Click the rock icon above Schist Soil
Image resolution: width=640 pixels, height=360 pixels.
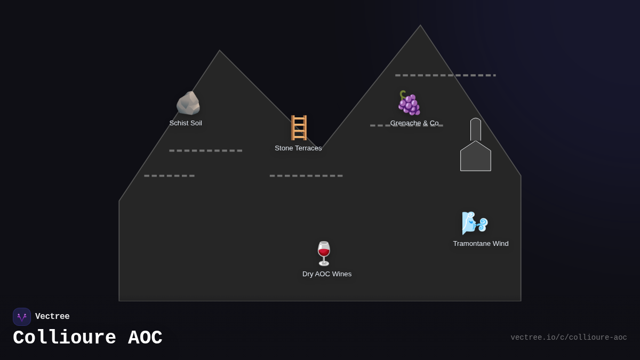coord(188,103)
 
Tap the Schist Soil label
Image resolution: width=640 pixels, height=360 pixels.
coord(186,123)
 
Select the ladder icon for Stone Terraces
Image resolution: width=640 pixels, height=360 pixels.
coord(299,127)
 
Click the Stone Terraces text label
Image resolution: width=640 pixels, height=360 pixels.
coord(298,148)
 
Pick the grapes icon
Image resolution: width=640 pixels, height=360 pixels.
coord(409,103)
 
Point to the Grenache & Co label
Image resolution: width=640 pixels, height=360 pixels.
coord(414,123)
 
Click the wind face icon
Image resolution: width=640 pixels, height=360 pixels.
coord(474,223)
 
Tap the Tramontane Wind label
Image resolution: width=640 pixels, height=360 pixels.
coord(481,244)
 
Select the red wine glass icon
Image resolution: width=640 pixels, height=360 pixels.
coord(324,253)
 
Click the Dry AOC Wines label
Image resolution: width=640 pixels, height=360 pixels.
coord(327,274)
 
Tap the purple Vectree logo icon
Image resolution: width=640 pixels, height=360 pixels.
coord(22,317)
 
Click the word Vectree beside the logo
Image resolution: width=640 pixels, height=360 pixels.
coord(52,317)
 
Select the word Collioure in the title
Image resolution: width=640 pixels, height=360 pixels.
coord(65,338)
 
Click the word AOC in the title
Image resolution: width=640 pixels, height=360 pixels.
coord(145,338)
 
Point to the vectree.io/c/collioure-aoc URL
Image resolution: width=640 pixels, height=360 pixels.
coord(569,338)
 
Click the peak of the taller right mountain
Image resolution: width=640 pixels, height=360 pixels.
coord(420,26)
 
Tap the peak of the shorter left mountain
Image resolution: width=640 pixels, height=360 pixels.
coord(219,51)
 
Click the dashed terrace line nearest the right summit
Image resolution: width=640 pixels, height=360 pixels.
coord(445,75)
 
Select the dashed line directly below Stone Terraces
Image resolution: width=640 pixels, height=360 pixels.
coord(306,175)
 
